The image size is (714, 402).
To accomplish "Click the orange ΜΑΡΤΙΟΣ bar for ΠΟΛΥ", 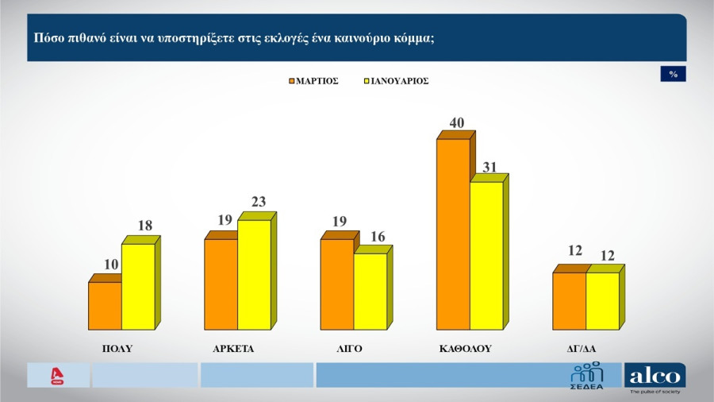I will click(105, 306).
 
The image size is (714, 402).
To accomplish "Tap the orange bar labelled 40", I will click(453, 234).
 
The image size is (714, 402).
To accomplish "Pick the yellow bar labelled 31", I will click(486, 256).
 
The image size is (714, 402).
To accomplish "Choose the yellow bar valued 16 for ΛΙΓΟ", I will click(370, 291).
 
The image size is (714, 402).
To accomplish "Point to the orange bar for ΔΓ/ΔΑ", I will click(569, 301).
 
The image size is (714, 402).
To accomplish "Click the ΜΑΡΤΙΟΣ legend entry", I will click(314, 81).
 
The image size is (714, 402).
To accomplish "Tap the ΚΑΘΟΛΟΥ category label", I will click(466, 348).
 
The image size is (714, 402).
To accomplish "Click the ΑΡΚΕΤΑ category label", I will click(233, 348).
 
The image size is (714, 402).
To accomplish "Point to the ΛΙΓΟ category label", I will click(350, 348).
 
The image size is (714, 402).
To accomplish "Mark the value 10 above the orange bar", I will click(110, 265).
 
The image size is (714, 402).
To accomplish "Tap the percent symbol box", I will click(673, 74).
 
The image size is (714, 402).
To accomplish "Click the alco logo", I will click(654, 377).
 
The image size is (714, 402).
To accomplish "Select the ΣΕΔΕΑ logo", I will click(587, 376).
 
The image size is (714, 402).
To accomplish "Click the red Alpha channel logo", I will click(57, 376).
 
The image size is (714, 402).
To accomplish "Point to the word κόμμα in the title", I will click(413, 37).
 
